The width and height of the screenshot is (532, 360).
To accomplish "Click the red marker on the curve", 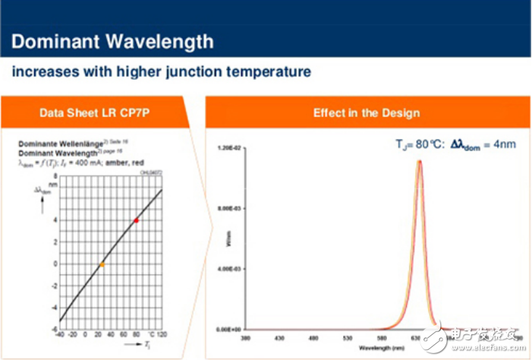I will click(136, 219).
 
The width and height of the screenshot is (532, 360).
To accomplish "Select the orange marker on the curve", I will click(102, 264).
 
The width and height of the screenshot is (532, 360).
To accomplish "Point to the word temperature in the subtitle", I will click(273, 72).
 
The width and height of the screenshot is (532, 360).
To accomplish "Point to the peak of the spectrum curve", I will click(419, 160).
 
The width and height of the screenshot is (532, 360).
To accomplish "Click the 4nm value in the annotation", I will click(505, 143).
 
